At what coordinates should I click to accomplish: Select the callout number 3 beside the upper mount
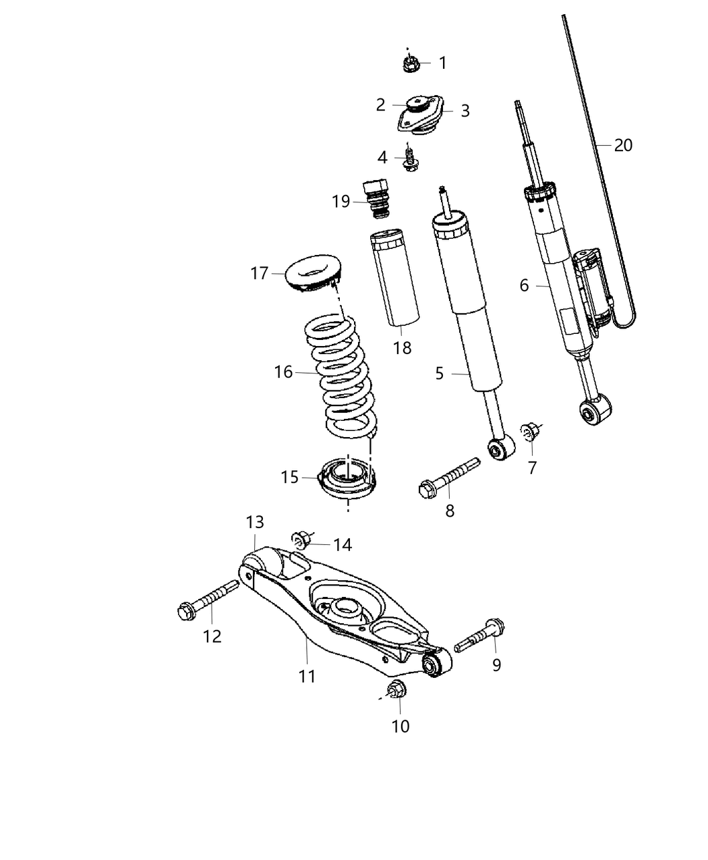point(465,111)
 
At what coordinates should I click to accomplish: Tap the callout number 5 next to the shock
point(440,373)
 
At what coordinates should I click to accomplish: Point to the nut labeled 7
point(531,429)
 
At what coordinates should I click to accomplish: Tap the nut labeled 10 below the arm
point(396,689)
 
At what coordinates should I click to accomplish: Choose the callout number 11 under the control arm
point(307,676)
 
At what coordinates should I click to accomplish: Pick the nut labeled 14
point(302,539)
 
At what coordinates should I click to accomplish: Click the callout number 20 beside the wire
point(623,145)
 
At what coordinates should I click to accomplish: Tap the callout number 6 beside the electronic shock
point(524,285)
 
